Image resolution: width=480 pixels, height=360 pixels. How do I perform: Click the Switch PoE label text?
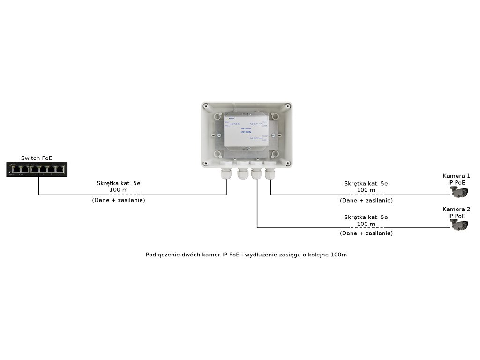tap(37, 158)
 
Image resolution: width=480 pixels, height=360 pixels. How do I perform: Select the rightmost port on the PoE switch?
tap(60, 169)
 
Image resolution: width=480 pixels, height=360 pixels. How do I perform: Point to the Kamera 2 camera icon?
tap(459, 225)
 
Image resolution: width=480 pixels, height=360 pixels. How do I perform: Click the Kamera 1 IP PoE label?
tap(457, 179)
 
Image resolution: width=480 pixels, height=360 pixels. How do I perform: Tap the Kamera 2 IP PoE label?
tap(457, 212)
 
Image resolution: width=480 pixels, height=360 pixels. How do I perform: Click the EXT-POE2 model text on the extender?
tap(247, 132)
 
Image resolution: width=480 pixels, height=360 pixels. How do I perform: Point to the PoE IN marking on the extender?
tap(234, 123)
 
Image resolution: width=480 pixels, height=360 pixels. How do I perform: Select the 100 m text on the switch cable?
tap(118, 190)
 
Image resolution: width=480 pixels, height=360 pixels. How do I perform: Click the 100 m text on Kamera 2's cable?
tap(366, 224)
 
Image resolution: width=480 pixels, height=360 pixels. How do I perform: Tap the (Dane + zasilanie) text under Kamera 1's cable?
tap(366, 200)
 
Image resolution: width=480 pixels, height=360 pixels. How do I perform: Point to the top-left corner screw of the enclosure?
tap(205, 106)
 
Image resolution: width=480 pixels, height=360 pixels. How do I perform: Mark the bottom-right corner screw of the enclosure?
tap(288, 164)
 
